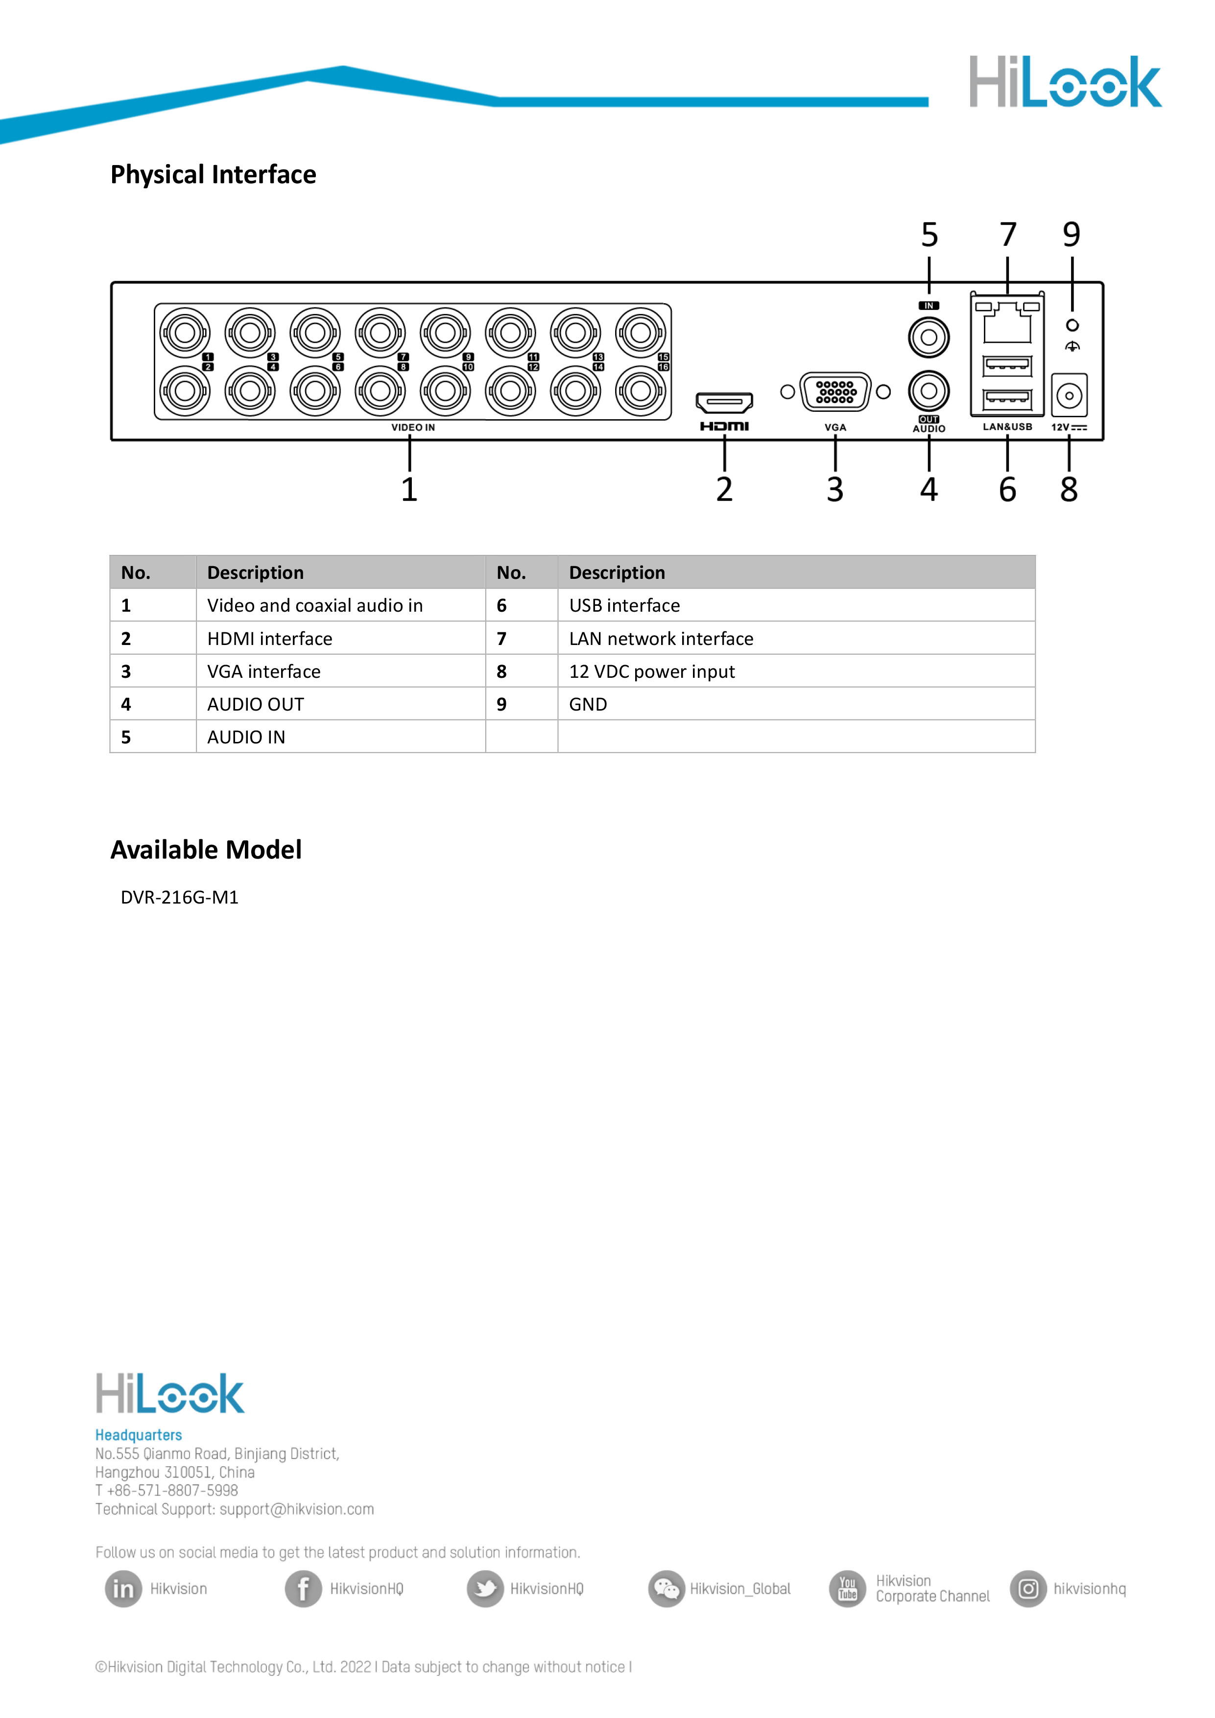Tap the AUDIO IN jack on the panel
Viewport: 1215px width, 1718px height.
pyautogui.click(x=929, y=337)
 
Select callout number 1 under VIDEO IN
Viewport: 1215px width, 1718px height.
pyautogui.click(x=409, y=490)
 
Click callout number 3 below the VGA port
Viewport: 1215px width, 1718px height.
pyautogui.click(x=835, y=490)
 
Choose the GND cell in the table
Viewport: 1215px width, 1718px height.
pyautogui.click(x=588, y=704)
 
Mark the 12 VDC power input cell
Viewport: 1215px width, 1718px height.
pyautogui.click(x=652, y=671)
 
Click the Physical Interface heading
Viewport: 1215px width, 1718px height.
pyautogui.click(x=213, y=174)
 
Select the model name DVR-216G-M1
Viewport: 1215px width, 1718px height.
pyautogui.click(x=180, y=897)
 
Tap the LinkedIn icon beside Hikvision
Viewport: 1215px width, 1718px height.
pyautogui.click(x=123, y=1589)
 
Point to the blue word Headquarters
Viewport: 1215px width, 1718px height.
pyautogui.click(x=139, y=1435)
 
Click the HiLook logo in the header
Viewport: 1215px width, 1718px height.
pyautogui.click(x=1065, y=82)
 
